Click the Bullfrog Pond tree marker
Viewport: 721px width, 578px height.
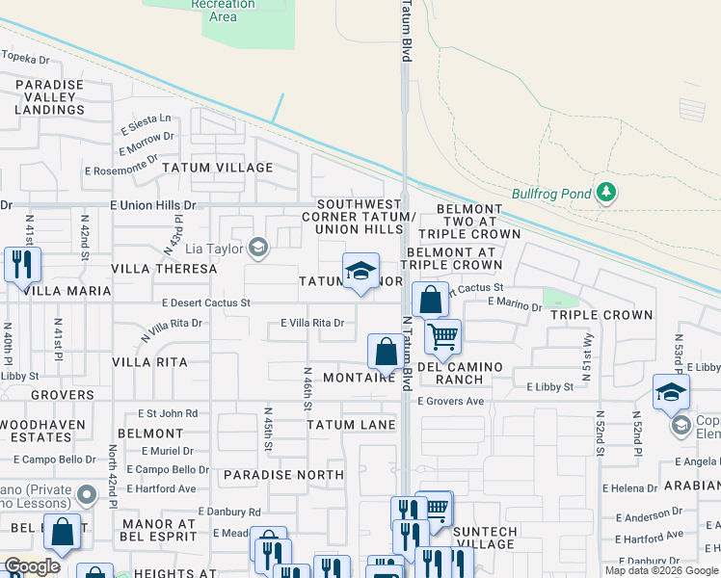click(605, 193)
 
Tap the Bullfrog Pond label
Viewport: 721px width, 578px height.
click(551, 194)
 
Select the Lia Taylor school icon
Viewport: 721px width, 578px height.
click(257, 249)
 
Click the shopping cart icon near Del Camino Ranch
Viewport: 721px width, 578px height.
click(442, 335)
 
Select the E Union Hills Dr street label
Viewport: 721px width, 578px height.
click(152, 205)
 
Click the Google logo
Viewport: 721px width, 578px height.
click(31, 566)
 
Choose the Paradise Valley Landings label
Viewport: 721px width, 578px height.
click(49, 97)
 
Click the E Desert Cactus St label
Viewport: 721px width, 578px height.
click(206, 302)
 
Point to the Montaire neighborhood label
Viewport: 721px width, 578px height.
click(360, 378)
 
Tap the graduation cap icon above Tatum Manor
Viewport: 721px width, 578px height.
click(360, 271)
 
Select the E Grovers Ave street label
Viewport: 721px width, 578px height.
click(450, 401)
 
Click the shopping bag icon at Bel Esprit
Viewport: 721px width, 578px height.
click(63, 533)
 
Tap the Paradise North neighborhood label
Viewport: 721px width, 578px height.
click(283, 475)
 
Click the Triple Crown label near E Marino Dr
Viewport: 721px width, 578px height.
click(601, 315)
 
